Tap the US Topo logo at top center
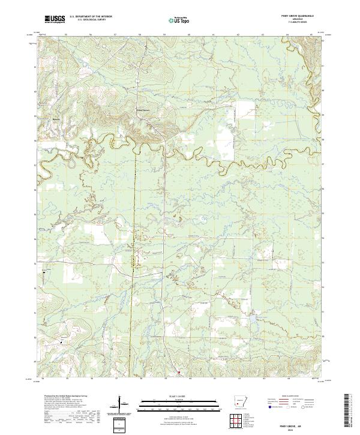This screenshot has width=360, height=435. [174, 19]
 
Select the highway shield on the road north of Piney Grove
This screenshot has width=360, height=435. [137, 80]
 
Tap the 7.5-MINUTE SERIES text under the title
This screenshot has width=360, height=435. [298, 23]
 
